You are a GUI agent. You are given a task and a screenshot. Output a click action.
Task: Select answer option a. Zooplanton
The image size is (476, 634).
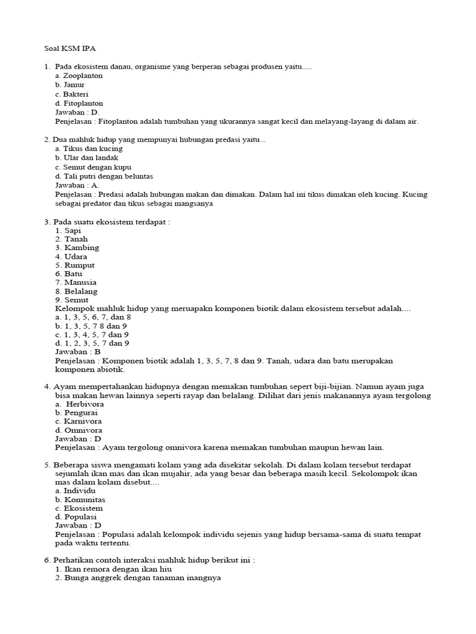tap(79, 76)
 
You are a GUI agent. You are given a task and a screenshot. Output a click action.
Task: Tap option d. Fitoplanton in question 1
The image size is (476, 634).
tap(79, 103)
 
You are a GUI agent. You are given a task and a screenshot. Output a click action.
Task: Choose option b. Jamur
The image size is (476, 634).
tap(69, 85)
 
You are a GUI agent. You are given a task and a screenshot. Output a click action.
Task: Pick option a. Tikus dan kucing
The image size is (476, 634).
tap(89, 149)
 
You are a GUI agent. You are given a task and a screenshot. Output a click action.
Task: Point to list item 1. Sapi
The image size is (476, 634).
tap(68, 230)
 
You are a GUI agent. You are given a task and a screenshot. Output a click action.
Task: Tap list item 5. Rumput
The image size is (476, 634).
tap(76, 265)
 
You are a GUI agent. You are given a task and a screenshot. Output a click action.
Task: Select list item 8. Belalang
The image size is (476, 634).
tap(76, 291)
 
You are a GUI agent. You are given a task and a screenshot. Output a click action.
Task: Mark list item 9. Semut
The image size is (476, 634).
tap(72, 300)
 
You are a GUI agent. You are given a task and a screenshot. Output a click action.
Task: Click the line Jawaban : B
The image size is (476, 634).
tap(78, 352)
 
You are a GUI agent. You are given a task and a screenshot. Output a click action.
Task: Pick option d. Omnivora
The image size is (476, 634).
tap(79, 430)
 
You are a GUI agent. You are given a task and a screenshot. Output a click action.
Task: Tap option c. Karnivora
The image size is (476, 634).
tap(78, 421)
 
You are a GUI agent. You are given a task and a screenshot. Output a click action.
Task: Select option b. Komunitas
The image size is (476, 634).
tap(80, 499)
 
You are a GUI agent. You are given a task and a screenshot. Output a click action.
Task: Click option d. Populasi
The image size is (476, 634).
tap(76, 516)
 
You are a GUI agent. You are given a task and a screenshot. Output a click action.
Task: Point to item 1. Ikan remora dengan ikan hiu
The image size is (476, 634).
tap(113, 569)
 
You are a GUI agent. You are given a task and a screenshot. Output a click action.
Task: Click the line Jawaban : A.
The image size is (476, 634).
tap(77, 185)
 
